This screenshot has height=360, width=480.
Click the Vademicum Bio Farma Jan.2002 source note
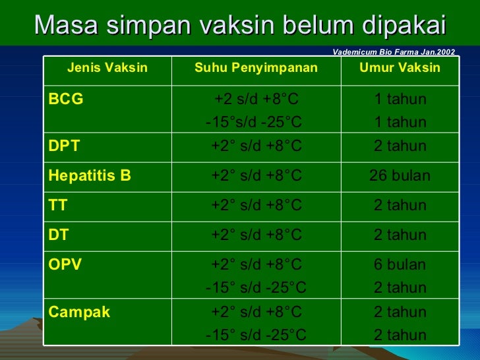(394, 51)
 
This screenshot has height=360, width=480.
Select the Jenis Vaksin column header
(107, 68)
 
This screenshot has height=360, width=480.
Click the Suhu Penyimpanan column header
(256, 68)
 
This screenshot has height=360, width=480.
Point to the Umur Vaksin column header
(400, 68)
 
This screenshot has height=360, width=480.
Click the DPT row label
(64, 146)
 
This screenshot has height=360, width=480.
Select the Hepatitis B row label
(89, 176)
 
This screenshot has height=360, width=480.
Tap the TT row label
(57, 206)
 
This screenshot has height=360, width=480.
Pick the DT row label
(58, 235)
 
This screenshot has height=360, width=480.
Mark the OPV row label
(65, 265)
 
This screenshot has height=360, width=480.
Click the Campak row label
(78, 312)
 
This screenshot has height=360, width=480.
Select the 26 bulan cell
(400, 176)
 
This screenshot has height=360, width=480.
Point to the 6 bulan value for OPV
(400, 265)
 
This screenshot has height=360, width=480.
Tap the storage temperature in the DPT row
(256, 146)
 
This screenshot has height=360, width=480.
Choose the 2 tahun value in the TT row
(400, 206)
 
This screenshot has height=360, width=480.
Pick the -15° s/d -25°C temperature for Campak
(256, 335)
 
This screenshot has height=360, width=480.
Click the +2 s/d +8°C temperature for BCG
(256, 100)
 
